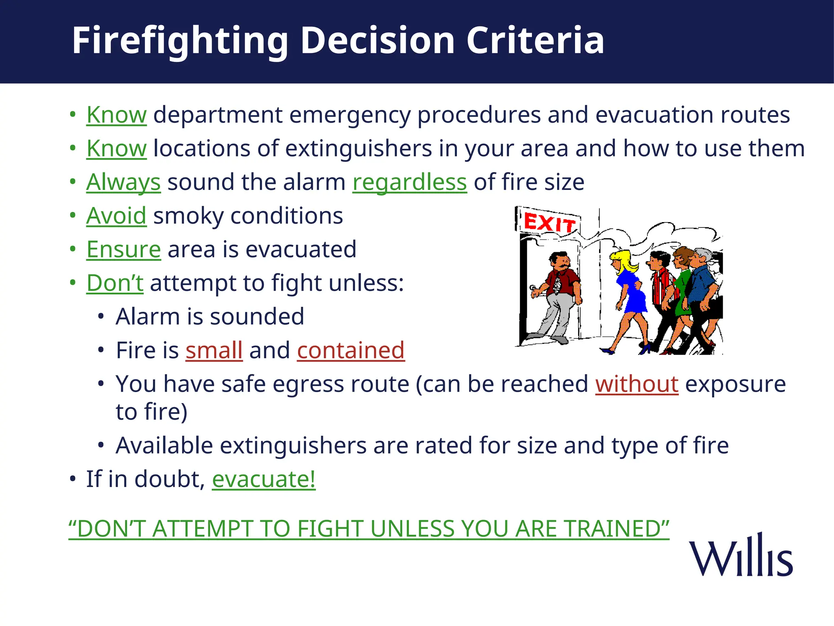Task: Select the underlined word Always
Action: click(x=123, y=182)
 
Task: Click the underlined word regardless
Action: click(x=409, y=182)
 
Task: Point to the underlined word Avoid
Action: click(x=116, y=216)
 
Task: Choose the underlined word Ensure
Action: click(x=123, y=249)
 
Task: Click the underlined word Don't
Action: click(x=114, y=283)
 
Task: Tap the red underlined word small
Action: click(x=214, y=350)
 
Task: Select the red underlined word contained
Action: click(x=351, y=350)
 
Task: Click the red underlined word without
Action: click(x=636, y=384)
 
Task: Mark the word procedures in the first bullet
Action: click(x=479, y=115)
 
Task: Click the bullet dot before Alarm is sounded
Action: click(x=101, y=317)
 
